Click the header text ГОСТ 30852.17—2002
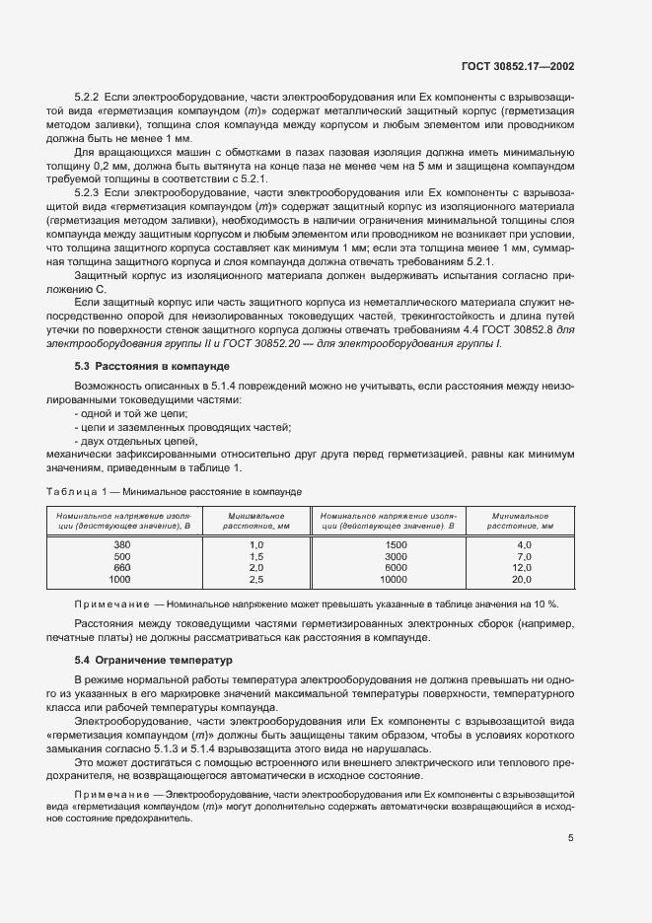518,66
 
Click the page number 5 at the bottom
571,866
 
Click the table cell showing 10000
396,580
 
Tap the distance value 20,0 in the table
523,580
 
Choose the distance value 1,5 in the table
257,556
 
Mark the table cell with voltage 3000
396,556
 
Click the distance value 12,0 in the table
523,568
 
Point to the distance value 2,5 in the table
257,580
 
